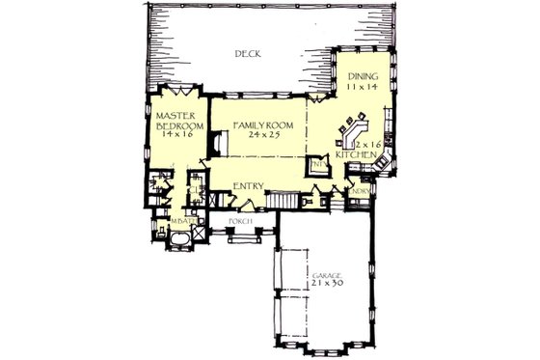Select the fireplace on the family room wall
tap(220, 146)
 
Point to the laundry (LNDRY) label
tap(362, 190)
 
